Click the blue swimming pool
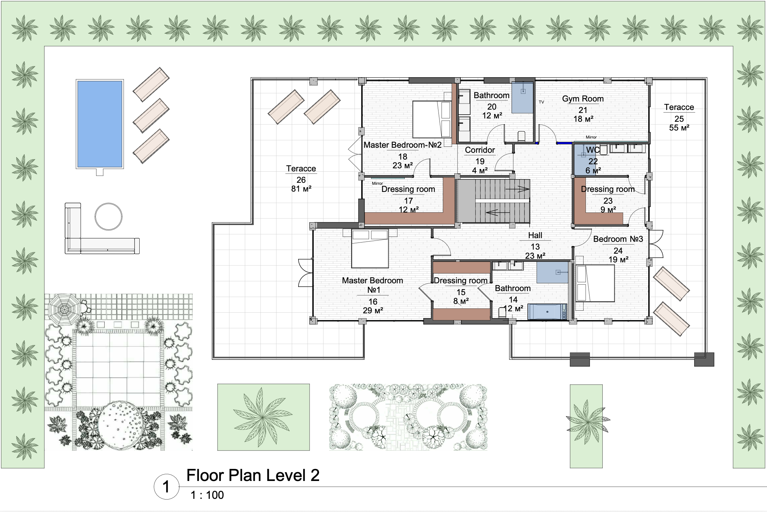[100, 124]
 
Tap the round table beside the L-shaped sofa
[108, 217]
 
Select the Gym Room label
[583, 99]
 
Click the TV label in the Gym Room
[541, 102]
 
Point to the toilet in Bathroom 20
[521, 136]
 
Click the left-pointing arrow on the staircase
[498, 213]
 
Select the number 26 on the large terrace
[301, 180]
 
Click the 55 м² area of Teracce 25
[679, 128]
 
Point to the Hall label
[535, 235]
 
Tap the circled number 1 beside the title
[166, 487]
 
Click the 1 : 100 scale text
[207, 495]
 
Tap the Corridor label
[480, 150]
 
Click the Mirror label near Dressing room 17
[377, 183]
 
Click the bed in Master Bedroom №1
[370, 249]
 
